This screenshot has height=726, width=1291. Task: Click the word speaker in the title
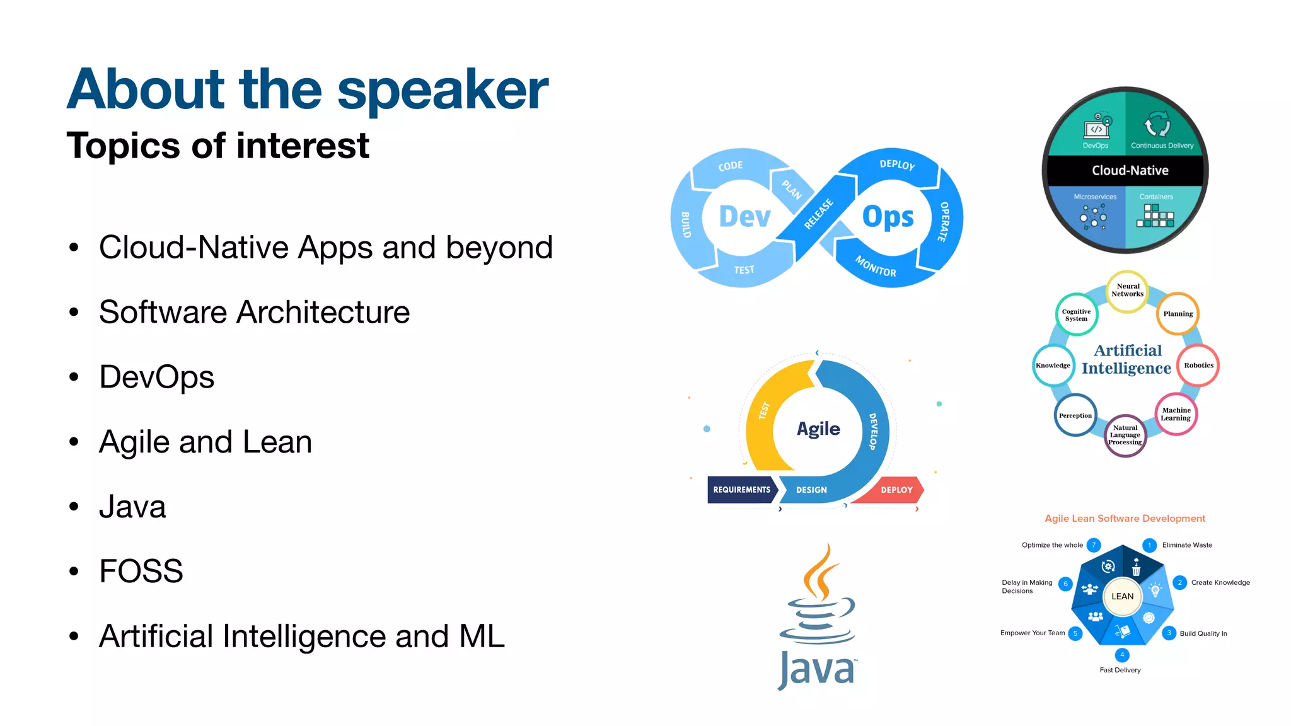[443, 90]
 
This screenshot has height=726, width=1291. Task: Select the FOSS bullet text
[141, 571]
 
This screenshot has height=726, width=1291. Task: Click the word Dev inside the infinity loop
[744, 217]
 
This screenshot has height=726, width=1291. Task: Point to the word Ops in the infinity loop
[888, 217]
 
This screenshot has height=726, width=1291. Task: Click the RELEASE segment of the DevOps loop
[818, 214]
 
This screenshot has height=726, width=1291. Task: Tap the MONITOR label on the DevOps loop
[876, 267]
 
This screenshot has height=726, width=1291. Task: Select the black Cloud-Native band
[1129, 170]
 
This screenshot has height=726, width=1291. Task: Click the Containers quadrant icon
[1155, 216]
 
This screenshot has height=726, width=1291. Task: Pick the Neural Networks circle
[1127, 290]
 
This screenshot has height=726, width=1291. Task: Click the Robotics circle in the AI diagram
[1198, 366]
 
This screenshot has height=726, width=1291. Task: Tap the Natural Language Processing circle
[1125, 435]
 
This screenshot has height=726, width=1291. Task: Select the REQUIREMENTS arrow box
[741, 490]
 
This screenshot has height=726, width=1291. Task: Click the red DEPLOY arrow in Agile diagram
[896, 490]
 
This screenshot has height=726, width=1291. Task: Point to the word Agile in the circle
[818, 429]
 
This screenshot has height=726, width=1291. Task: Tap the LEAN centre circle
[1122, 596]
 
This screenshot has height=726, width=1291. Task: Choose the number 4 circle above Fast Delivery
[1122, 655]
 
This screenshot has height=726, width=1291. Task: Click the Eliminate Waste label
[1187, 545]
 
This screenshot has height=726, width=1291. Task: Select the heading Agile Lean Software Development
[1125, 519]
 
